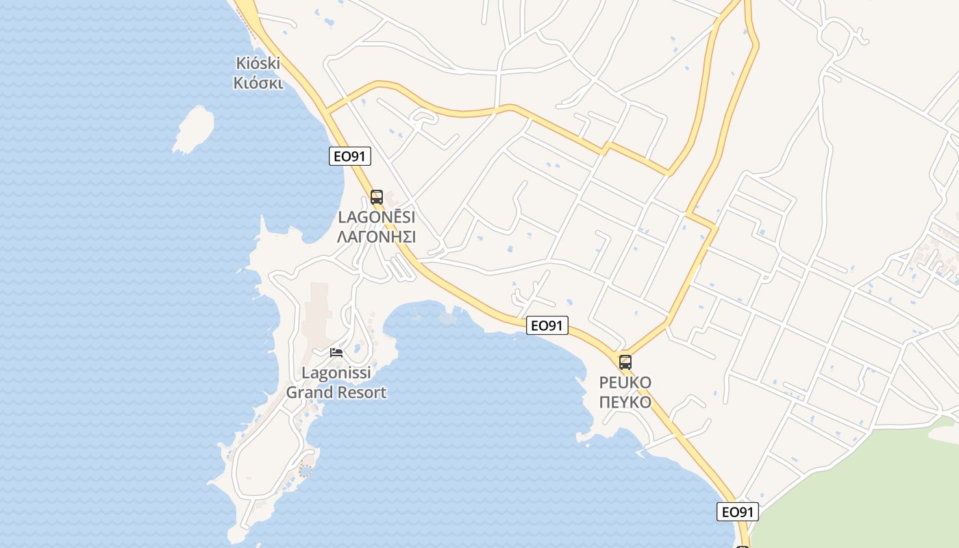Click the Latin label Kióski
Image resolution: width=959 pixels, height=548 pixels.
pos(258,64)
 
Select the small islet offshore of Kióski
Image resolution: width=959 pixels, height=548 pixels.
pos(194,128)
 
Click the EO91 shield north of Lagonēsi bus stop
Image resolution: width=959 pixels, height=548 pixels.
pos(349,156)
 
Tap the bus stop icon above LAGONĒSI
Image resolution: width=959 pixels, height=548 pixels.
pos(376,197)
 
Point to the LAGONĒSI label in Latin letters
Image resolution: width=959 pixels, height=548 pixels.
pos(376,217)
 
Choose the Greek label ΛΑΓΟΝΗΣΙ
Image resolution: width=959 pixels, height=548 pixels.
pos(376,237)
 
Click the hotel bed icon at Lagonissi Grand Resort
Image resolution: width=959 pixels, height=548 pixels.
pos(336,353)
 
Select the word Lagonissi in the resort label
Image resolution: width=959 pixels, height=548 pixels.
pos(336,373)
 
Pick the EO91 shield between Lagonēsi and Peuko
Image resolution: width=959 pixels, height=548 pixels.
pos(547,325)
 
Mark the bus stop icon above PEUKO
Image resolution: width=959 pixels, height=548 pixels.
pos(625,362)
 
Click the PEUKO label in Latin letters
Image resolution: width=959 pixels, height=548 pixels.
pos(625,382)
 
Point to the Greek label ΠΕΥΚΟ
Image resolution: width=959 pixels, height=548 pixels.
pos(625,401)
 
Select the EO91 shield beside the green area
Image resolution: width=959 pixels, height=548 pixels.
pos(738,512)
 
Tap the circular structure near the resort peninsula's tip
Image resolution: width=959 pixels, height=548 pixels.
pos(305,471)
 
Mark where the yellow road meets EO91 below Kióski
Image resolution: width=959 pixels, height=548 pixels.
pos(326,110)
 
